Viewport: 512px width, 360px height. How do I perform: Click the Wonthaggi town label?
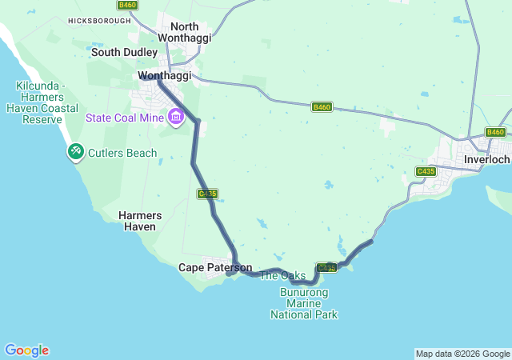pyautogui.click(x=165, y=75)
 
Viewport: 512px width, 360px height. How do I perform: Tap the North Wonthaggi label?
pyautogui.click(x=184, y=32)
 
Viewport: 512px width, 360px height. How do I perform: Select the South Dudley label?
pyautogui.click(x=124, y=52)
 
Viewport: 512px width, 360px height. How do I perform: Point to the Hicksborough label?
pyautogui.click(x=99, y=21)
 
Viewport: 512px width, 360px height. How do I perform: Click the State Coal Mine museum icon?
pyautogui.click(x=175, y=118)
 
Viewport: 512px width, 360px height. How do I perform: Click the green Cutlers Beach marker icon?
pyautogui.click(x=76, y=150)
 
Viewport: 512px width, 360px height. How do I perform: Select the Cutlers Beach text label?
pyautogui.click(x=122, y=152)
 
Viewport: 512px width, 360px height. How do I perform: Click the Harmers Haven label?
pyautogui.click(x=140, y=221)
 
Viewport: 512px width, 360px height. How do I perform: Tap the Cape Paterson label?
pyautogui.click(x=215, y=267)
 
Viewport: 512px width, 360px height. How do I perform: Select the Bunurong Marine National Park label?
pyautogui.click(x=304, y=303)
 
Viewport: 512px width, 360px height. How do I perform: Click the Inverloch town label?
pyautogui.click(x=487, y=159)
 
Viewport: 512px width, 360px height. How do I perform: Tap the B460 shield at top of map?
pyautogui.click(x=127, y=5)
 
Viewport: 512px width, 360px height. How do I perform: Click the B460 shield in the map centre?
pyautogui.click(x=322, y=106)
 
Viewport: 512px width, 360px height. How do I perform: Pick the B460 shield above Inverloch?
pyautogui.click(x=495, y=132)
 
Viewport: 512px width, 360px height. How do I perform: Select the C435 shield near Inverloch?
pyautogui.click(x=426, y=171)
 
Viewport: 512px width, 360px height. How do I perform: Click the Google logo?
pyautogui.click(x=26, y=350)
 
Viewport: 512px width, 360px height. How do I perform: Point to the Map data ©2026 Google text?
pyautogui.click(x=462, y=354)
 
